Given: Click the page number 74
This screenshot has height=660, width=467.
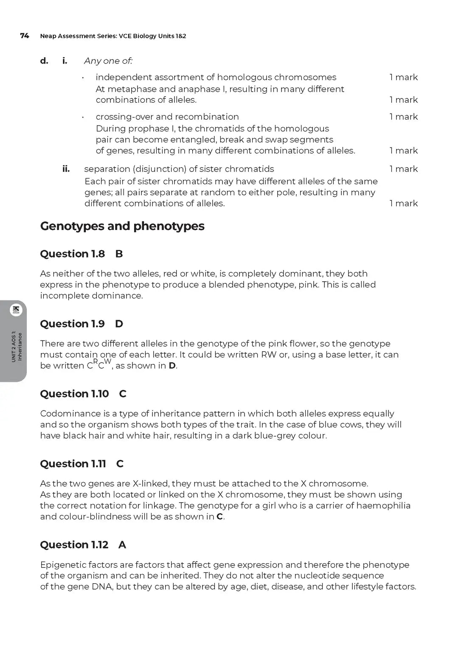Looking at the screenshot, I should pyautogui.click(x=24, y=36).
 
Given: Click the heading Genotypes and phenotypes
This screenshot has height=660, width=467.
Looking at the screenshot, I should pyautogui.click(x=122, y=226).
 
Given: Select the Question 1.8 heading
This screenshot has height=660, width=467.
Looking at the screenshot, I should pyautogui.click(x=72, y=254).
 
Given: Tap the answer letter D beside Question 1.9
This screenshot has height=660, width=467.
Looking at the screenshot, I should pyautogui.click(x=119, y=324).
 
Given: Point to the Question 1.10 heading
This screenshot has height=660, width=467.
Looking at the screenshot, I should pyautogui.click(x=74, y=394).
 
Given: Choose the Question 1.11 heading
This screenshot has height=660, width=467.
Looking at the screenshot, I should pyautogui.click(x=73, y=464).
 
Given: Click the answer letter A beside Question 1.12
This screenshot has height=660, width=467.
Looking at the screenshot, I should pyautogui.click(x=122, y=545).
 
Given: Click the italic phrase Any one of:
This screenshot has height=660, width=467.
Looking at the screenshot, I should pyautogui.click(x=108, y=61).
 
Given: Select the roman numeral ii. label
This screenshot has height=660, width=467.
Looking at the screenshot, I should pyautogui.click(x=66, y=169).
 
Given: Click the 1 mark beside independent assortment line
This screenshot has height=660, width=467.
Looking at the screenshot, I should pyautogui.click(x=403, y=77).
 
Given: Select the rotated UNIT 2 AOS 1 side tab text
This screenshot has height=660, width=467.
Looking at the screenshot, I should pyautogui.click(x=17, y=346).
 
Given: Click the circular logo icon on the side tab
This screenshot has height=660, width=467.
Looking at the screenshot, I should pyautogui.click(x=16, y=310).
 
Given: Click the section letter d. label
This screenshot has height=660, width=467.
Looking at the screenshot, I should pyautogui.click(x=44, y=61).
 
